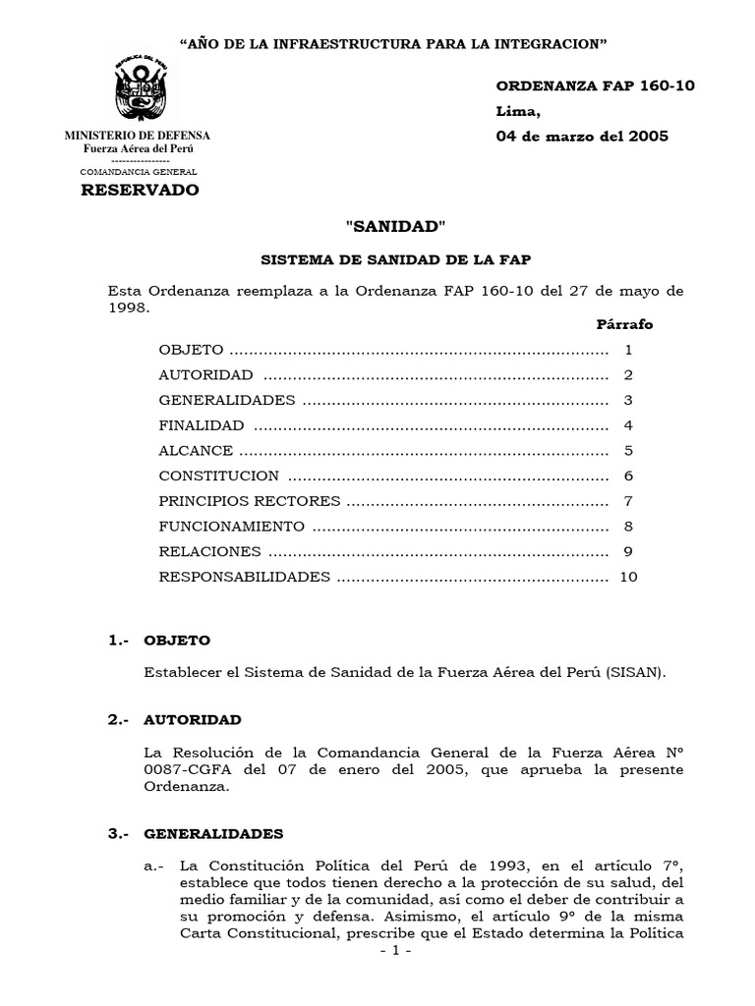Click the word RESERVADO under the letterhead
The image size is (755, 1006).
(x=138, y=190)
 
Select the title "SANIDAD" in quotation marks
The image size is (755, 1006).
(x=396, y=227)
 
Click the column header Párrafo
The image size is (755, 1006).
(x=624, y=324)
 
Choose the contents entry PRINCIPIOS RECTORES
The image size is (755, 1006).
(x=250, y=501)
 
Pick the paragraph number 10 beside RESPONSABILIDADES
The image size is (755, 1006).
(x=628, y=577)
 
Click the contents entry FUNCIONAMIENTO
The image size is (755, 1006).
(x=232, y=527)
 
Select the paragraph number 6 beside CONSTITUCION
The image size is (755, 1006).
(x=627, y=475)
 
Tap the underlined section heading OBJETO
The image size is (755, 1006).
(x=177, y=641)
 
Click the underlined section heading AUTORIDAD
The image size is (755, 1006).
(x=193, y=720)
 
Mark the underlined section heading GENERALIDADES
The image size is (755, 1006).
(x=213, y=834)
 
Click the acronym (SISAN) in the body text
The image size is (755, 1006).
(x=636, y=673)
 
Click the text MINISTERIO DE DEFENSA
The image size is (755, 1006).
(x=137, y=135)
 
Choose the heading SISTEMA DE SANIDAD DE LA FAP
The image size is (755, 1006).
(x=395, y=262)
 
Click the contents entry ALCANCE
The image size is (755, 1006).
(x=196, y=451)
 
